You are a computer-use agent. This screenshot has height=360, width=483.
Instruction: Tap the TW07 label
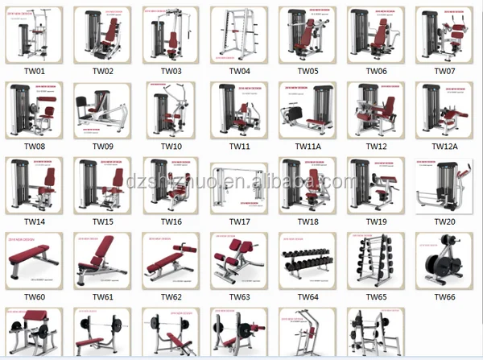(x=445, y=71)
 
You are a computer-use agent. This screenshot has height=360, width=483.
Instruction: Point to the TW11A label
(x=307, y=147)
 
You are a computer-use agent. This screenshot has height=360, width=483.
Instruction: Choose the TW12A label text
(x=445, y=147)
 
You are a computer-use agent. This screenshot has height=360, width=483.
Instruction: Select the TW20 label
(x=445, y=221)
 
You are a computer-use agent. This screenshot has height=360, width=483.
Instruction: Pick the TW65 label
(x=376, y=297)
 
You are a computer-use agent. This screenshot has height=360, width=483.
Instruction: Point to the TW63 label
(x=239, y=297)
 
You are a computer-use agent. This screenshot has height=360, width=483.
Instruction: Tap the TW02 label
(x=102, y=71)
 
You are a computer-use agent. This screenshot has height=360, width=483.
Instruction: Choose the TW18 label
(x=308, y=221)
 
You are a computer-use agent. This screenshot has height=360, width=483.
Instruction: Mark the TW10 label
(x=171, y=147)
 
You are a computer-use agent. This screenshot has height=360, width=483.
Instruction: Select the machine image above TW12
(x=375, y=110)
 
